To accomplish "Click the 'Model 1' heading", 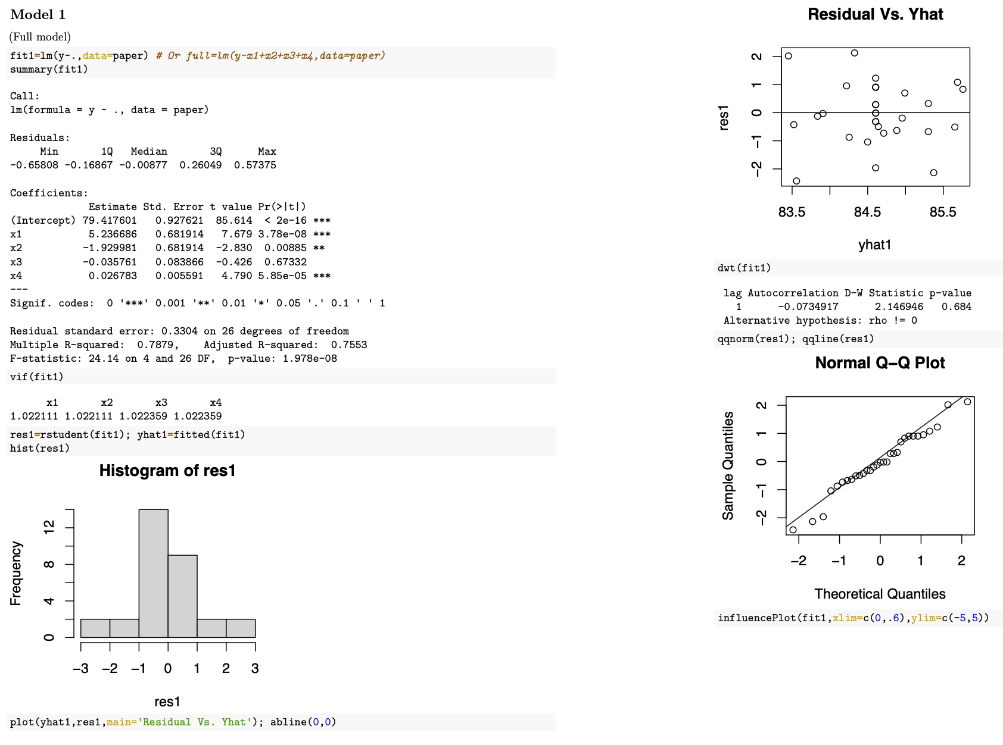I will (38, 15).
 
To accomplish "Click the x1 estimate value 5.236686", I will (113, 234).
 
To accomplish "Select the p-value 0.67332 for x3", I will (285, 262).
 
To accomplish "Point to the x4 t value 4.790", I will (237, 276).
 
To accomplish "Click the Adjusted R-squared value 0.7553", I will (349, 345).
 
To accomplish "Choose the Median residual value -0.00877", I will (143, 165).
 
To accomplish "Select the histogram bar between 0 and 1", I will (182, 596).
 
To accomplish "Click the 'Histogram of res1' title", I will (167, 471).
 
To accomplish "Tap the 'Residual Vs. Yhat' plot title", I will (875, 14).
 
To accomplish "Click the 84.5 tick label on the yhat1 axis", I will (867, 212).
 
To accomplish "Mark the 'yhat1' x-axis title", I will (874, 245).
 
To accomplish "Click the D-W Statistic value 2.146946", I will (899, 307).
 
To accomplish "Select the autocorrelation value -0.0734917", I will (808, 307).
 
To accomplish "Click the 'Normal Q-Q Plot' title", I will (880, 363).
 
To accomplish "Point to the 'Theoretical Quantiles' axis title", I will (880, 594).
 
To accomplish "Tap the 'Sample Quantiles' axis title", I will (728, 466).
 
